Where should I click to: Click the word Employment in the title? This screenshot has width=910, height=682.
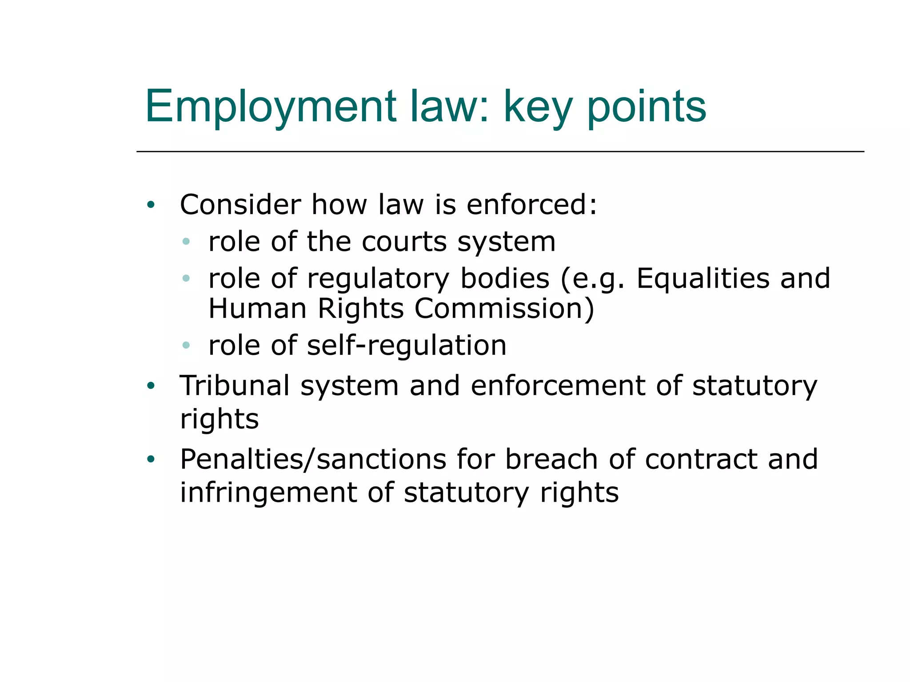(x=270, y=107)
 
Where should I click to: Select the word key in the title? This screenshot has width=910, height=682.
(x=537, y=107)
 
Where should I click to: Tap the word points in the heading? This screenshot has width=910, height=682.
(x=647, y=107)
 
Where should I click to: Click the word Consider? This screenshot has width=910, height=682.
(x=240, y=205)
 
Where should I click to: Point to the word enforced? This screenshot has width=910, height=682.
(x=531, y=205)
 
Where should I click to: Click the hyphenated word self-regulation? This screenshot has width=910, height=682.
(x=406, y=345)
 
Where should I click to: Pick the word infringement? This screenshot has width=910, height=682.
(x=268, y=493)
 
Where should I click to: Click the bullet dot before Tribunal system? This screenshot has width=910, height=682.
(x=151, y=386)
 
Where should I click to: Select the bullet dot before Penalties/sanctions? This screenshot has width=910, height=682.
(x=151, y=460)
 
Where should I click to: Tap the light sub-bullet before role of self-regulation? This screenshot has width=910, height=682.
(x=186, y=345)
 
